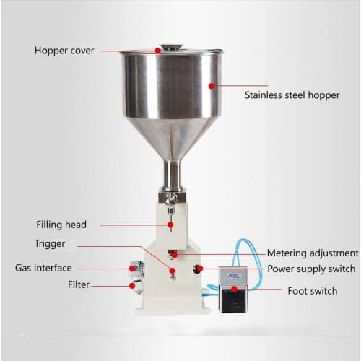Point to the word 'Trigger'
tap(50, 244)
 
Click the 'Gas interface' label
tap(43, 268)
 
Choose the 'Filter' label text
tap(79, 284)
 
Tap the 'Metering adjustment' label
tap(313, 253)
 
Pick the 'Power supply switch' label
tap(313, 269)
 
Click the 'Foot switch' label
tap(312, 291)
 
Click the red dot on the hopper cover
tap(157, 51)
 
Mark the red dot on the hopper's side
tap(211, 84)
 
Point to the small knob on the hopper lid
tap(170, 45)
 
